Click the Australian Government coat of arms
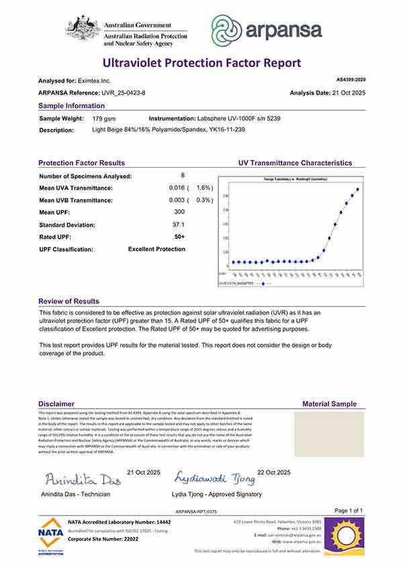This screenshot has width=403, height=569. tap(83, 29)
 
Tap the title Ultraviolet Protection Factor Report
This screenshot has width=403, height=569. tap(201, 63)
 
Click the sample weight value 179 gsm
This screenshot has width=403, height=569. tap(103, 117)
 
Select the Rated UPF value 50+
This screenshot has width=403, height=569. tap(179, 237)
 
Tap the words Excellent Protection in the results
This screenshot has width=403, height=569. tap(156, 249)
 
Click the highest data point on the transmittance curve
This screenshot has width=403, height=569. tap(358, 189)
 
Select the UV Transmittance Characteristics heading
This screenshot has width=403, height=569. tap(295, 163)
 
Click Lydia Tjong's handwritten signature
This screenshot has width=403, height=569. tap(214, 478)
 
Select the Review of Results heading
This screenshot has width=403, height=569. tap(69, 302)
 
